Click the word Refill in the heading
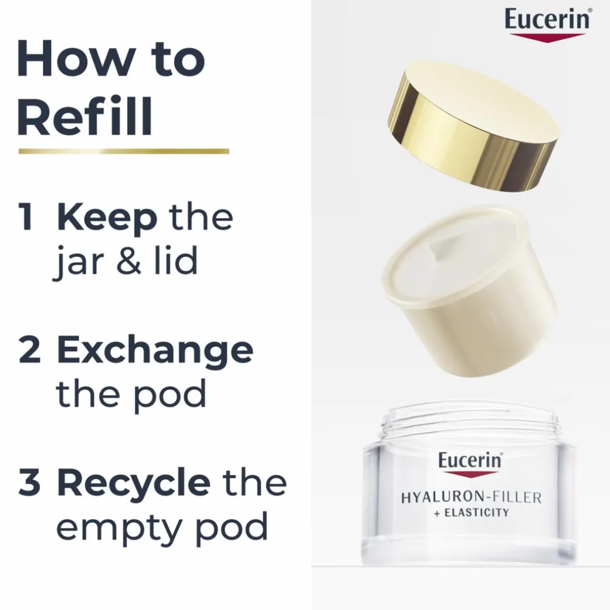[85, 117]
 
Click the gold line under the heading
[124, 151]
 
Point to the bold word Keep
[107, 220]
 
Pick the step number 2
[29, 350]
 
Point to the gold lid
[473, 127]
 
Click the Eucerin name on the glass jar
[470, 460]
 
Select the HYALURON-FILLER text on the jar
[471, 497]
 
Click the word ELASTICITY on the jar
[476, 513]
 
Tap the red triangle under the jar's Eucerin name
[470, 475]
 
